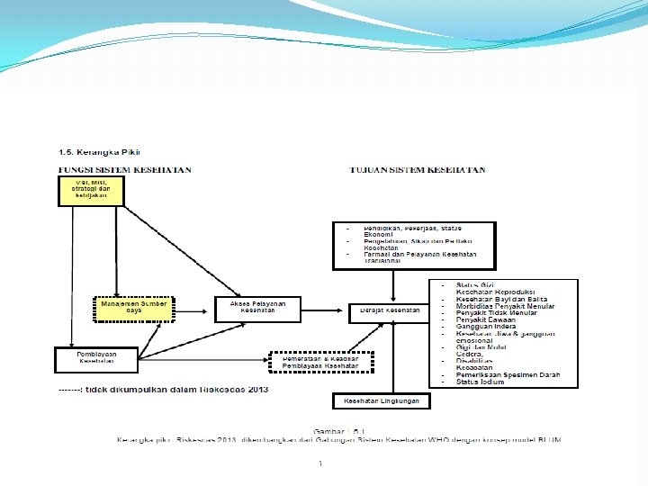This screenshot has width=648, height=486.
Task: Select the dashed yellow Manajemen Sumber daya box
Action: point(133,309)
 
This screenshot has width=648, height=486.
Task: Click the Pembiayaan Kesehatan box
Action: point(96,358)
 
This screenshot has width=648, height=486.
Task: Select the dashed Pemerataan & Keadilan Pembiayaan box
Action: point(320,363)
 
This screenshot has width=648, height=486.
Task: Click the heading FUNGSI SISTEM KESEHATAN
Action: point(124,169)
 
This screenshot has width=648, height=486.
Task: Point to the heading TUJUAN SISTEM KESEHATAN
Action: point(418,169)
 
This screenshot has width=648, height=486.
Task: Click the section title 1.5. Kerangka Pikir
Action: point(99,151)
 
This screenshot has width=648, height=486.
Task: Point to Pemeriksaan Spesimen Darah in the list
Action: point(507,375)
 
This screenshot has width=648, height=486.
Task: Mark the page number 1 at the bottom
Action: point(320,463)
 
